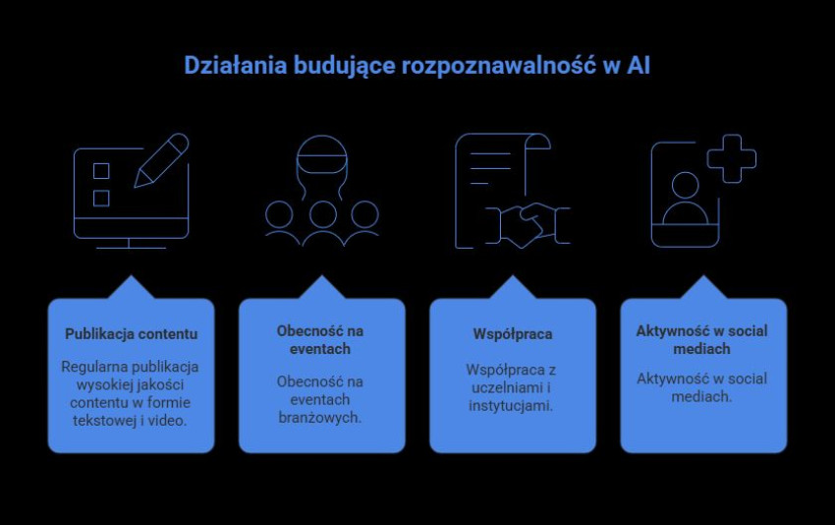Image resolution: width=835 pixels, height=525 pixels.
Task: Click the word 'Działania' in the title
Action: [x=224, y=67]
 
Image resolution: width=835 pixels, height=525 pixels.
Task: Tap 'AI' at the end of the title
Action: [x=638, y=67]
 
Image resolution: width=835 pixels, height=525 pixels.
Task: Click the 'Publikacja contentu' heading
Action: [x=131, y=334]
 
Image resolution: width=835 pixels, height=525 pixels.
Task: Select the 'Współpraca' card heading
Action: [x=512, y=334]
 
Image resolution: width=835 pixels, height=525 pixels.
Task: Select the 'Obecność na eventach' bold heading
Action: [x=321, y=339]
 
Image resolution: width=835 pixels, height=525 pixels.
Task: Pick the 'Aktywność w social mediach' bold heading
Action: [x=702, y=339]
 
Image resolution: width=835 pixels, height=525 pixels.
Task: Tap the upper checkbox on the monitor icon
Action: [x=101, y=171]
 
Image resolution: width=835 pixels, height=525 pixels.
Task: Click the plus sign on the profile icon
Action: [x=732, y=158]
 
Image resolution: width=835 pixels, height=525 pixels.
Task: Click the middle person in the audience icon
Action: [x=321, y=220]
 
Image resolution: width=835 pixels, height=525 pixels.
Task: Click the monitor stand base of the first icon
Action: [x=131, y=245]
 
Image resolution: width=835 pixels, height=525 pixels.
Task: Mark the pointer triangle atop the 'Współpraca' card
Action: [x=512, y=287]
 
